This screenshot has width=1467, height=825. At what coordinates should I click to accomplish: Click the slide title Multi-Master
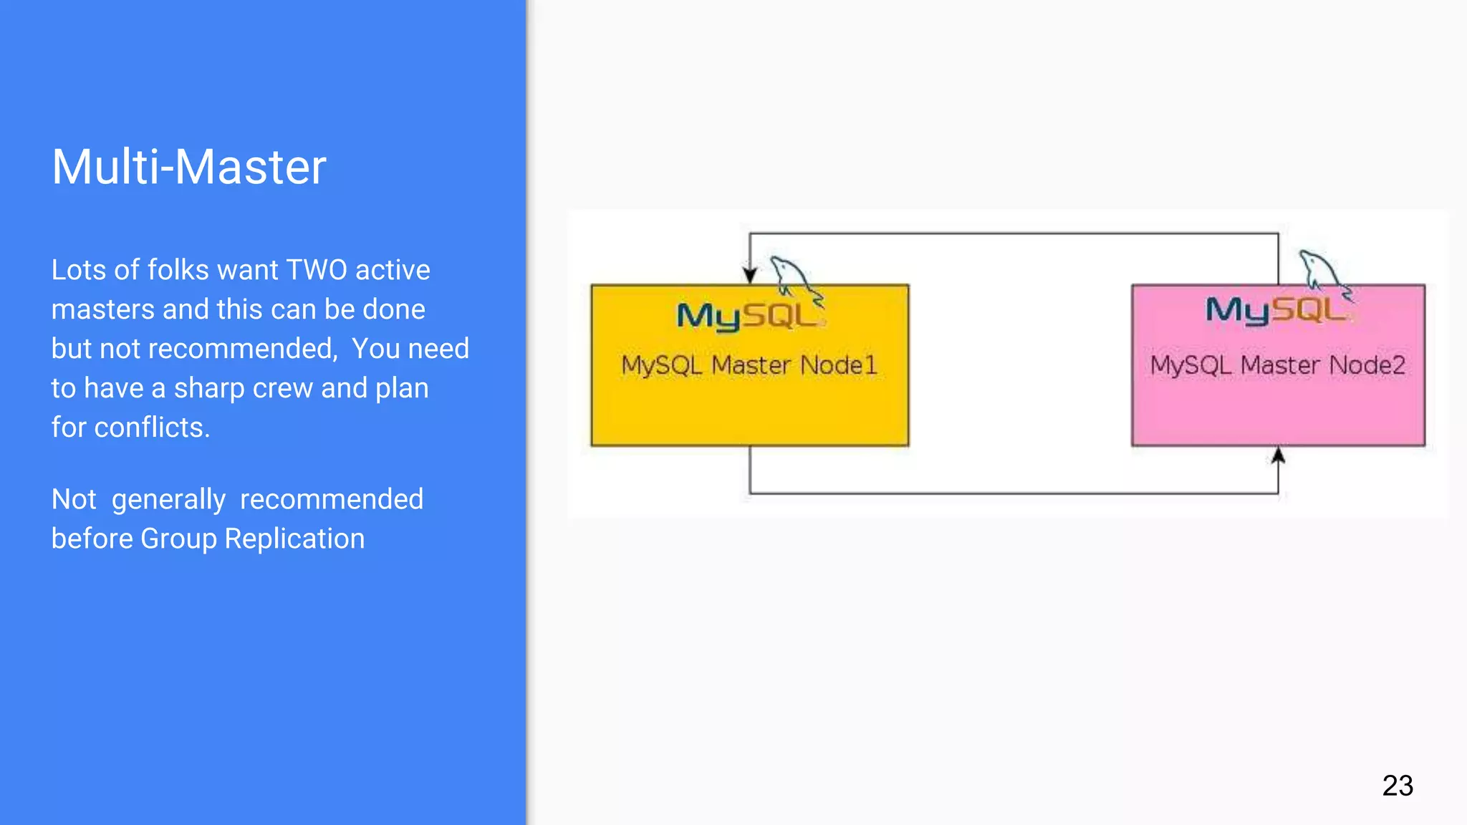point(189,167)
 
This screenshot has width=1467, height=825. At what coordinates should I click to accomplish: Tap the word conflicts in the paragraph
point(152,428)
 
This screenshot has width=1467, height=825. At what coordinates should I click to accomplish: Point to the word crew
point(283,388)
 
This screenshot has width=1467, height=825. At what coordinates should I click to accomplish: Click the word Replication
point(294,539)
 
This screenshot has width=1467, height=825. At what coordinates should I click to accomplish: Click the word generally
point(168,500)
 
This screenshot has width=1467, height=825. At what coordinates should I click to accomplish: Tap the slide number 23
point(1398,786)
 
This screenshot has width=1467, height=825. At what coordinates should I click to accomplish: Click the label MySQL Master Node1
point(749,365)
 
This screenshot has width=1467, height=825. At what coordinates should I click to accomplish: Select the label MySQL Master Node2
point(1278,365)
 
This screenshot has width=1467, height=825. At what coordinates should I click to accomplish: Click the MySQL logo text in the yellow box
point(748,316)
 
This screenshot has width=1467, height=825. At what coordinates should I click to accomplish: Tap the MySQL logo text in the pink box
point(1276,310)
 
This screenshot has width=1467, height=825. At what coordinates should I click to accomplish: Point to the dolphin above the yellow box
point(794,276)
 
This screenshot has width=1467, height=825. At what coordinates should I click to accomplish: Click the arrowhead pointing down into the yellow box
point(750,275)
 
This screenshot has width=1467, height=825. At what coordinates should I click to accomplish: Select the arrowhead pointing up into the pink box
point(1278,456)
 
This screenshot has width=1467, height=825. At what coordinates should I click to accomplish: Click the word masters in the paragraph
point(103,309)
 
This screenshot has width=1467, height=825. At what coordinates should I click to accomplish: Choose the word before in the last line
point(92,539)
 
